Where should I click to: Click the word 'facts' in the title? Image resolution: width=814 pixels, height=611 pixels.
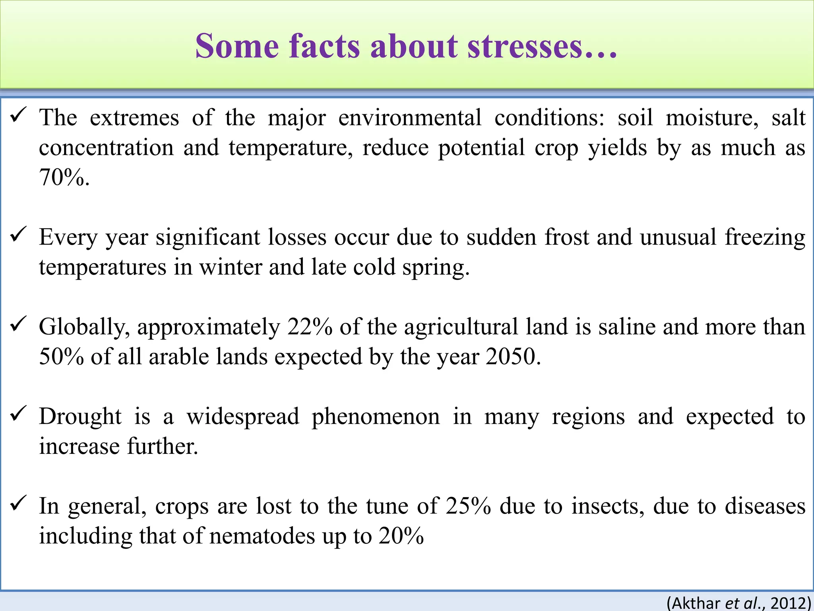coord(324,46)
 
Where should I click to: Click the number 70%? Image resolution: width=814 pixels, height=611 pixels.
coord(64,177)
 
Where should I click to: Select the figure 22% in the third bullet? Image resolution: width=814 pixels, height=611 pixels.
coord(310,327)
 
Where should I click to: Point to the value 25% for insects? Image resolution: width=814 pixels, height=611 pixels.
coord(468,506)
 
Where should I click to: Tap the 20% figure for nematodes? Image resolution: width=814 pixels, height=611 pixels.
coord(401,536)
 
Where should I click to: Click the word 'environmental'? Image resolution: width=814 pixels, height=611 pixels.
coord(410,118)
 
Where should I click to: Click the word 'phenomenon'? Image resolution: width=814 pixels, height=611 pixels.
coord(376,416)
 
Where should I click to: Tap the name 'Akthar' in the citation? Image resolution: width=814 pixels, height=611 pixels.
coord(696,603)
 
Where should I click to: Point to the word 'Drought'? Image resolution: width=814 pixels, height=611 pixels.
coord(80,416)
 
